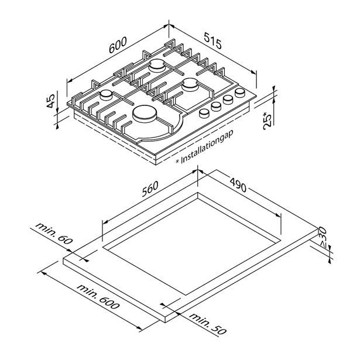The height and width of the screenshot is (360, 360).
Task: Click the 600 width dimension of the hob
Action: [x=118, y=44]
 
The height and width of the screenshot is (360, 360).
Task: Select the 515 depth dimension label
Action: [x=213, y=40]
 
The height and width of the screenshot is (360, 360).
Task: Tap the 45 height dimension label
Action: [x=50, y=101]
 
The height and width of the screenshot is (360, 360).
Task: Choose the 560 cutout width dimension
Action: [x=150, y=188]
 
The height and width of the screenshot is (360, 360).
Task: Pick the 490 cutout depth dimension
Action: [x=238, y=185]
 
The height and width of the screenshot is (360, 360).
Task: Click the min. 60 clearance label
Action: [x=54, y=233]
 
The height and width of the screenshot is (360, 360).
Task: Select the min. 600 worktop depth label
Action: [x=98, y=297]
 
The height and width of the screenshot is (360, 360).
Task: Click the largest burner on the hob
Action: [x=145, y=114]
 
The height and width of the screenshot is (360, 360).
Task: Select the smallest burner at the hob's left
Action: [x=107, y=95]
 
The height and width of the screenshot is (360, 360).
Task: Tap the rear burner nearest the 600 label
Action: [x=157, y=66]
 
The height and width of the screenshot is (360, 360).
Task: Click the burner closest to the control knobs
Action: [x=190, y=84]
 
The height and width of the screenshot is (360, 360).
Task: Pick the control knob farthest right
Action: [x=240, y=92]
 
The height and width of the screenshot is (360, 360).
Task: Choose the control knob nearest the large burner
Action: [x=204, y=114]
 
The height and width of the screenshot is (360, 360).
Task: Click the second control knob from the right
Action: [x=228, y=100]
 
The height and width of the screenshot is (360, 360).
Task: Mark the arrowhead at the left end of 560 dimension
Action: [x=105, y=222]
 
